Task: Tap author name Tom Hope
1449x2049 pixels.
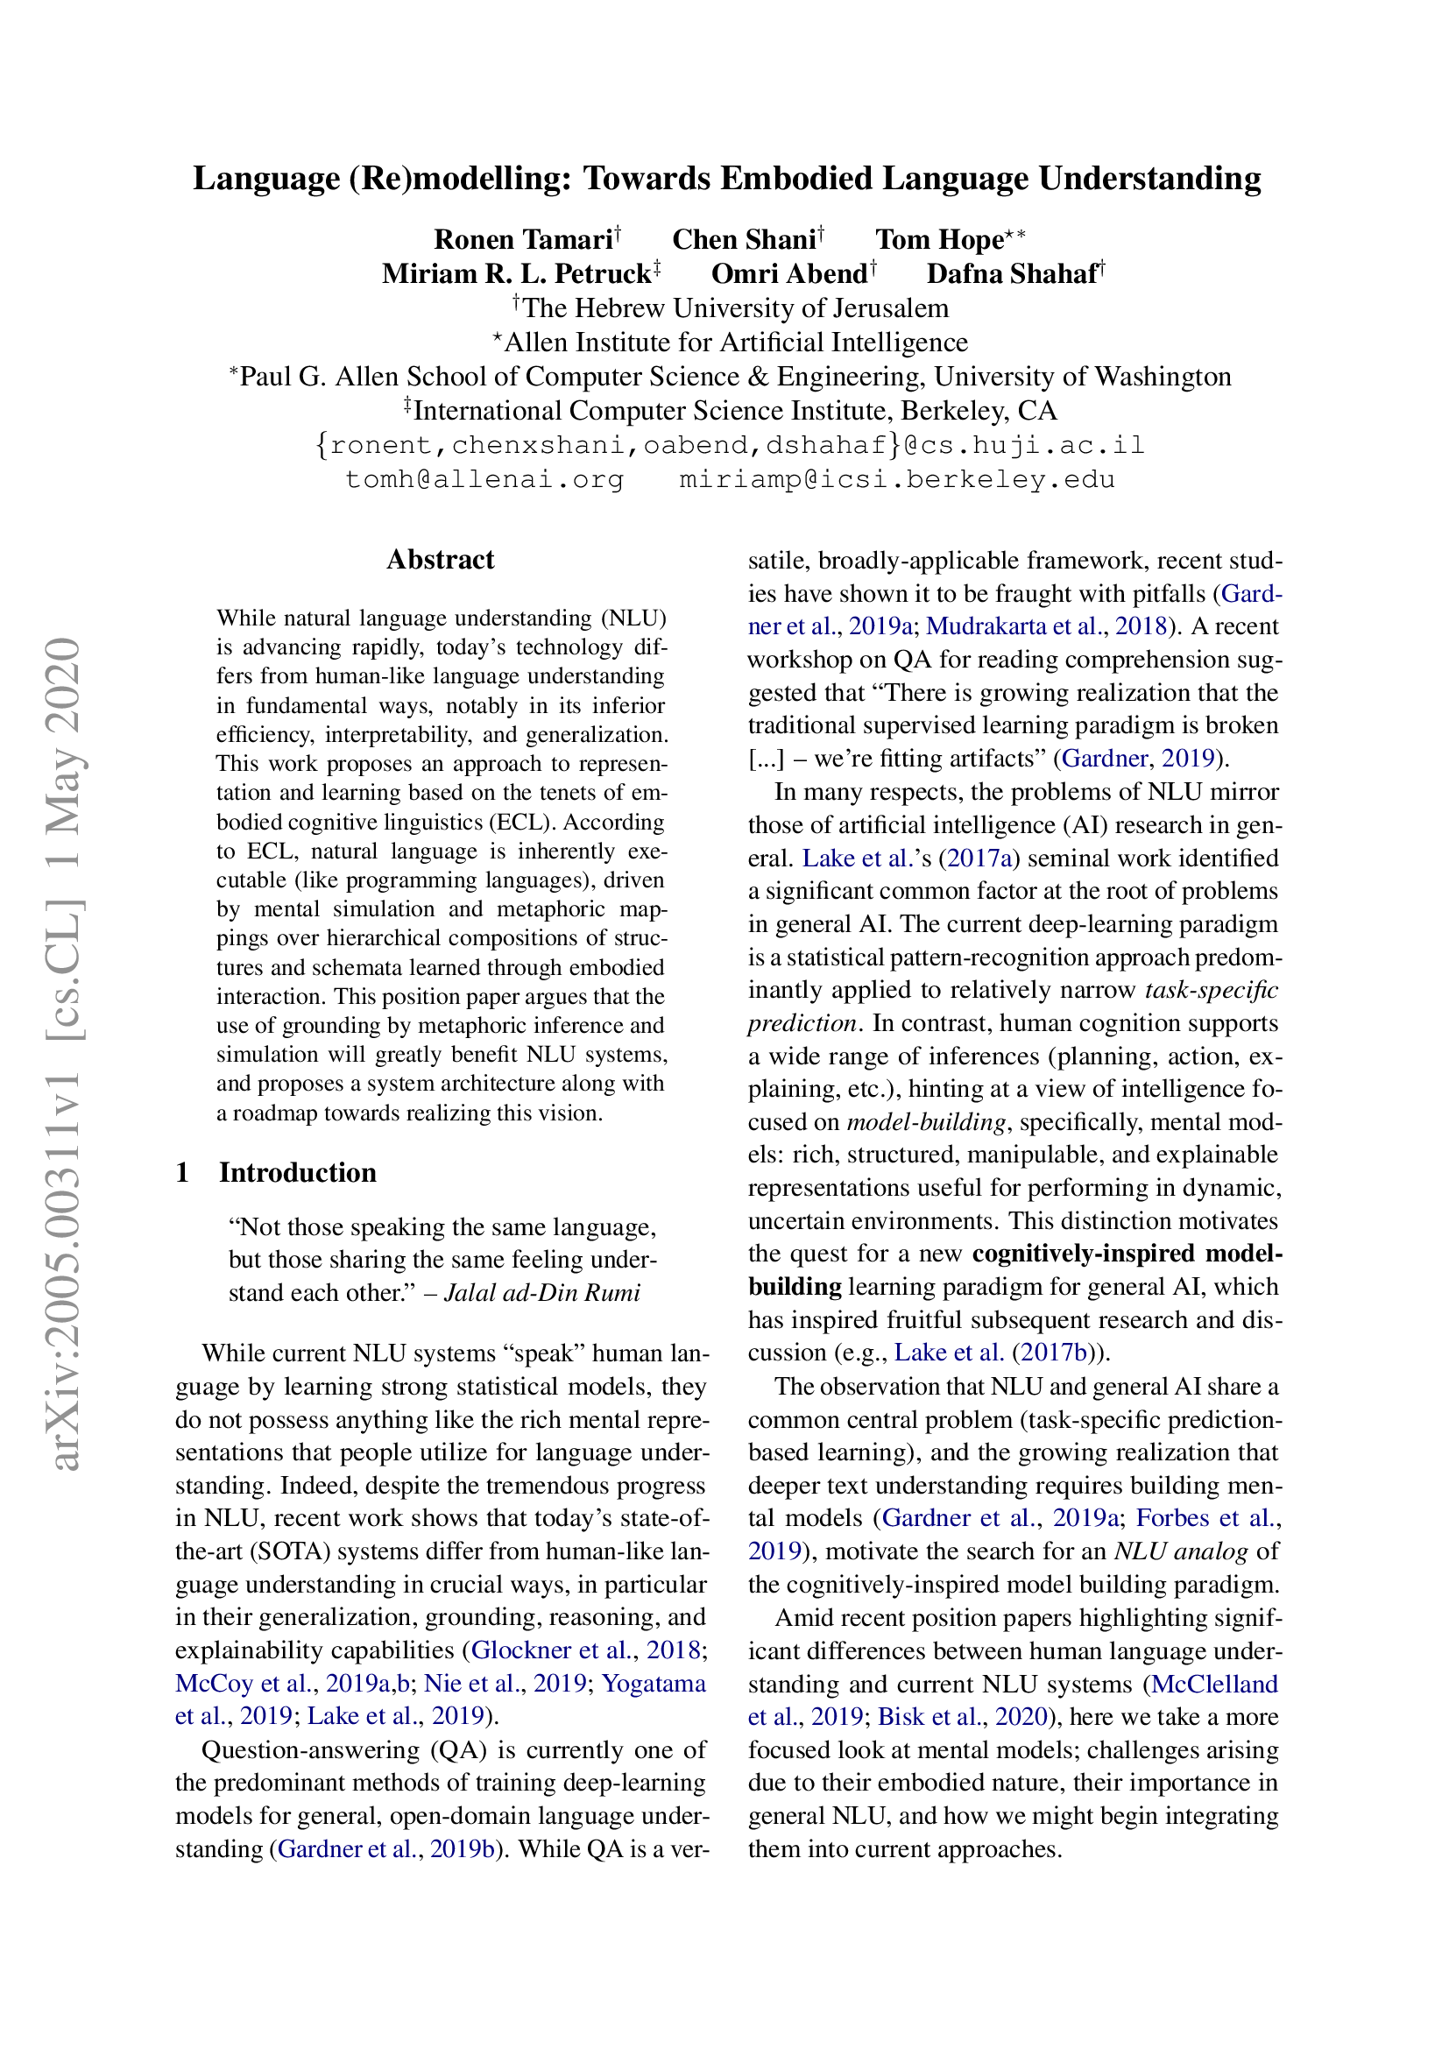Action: (938, 239)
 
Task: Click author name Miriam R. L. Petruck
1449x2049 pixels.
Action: (516, 273)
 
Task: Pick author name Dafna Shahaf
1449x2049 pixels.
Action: (1011, 273)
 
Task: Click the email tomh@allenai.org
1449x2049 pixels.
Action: (484, 479)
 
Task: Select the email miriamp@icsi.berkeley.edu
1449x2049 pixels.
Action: (897, 479)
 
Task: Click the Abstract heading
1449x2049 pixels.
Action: (440, 560)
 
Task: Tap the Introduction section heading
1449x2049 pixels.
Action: (297, 1172)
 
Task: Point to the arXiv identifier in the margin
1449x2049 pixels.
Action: (64, 1053)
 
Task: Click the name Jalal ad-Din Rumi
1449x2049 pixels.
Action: (541, 1292)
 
